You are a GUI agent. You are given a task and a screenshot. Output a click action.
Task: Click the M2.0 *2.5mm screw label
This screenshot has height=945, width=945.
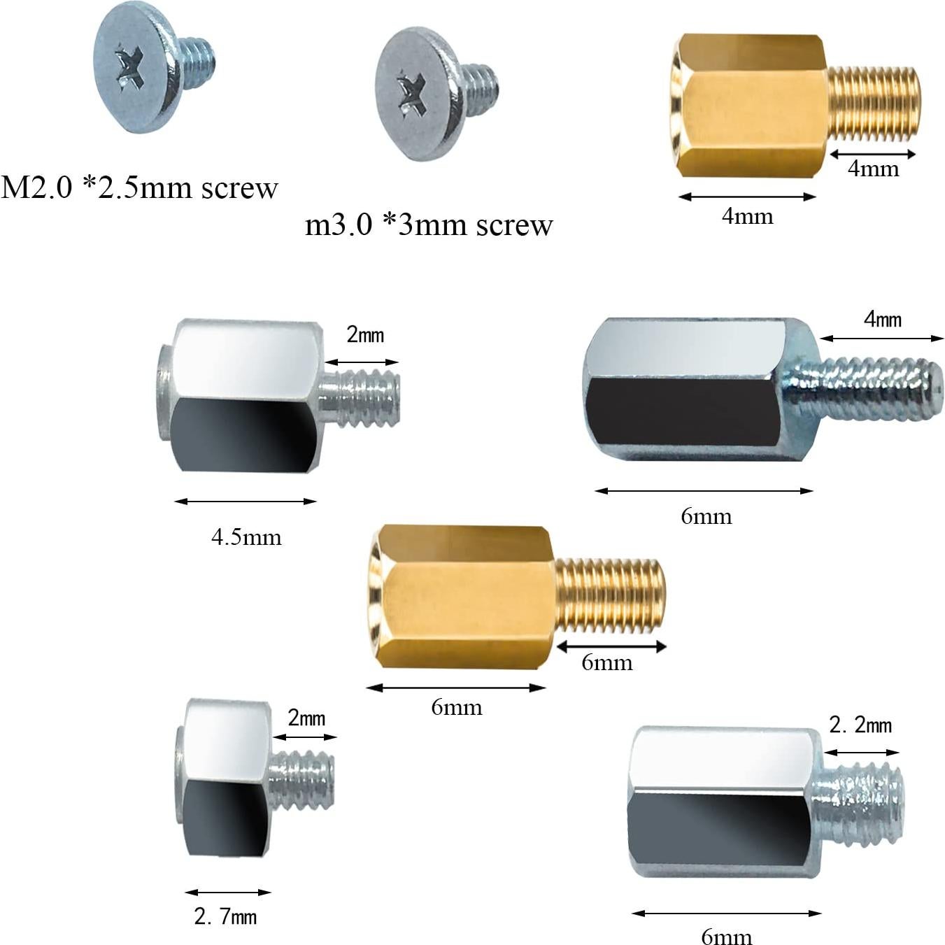point(139,188)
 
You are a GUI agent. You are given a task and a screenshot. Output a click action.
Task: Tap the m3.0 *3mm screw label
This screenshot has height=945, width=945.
point(429,225)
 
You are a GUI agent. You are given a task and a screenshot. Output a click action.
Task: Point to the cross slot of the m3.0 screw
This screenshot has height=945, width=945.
point(411,93)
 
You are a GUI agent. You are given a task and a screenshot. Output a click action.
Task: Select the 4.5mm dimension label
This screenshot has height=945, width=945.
point(246,537)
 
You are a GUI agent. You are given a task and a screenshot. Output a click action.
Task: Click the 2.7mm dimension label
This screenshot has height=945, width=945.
point(225,916)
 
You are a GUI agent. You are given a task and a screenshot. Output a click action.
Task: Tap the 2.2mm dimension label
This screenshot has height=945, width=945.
point(860,725)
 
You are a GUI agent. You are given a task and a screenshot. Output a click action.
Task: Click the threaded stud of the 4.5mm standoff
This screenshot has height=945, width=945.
point(362,399)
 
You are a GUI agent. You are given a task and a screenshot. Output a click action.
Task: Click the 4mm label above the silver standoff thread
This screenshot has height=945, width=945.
point(883,320)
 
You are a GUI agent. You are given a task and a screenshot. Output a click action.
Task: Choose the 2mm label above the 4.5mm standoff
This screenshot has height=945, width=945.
point(365,335)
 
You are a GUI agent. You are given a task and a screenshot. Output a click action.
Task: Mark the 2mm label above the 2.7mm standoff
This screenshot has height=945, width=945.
point(306,718)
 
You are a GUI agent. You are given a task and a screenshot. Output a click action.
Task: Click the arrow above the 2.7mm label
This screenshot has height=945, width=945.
point(228,892)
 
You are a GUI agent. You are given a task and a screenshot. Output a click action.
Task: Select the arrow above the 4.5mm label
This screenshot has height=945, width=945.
point(246,501)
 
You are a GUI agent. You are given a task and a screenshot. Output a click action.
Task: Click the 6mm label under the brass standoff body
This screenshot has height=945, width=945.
point(456,707)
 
